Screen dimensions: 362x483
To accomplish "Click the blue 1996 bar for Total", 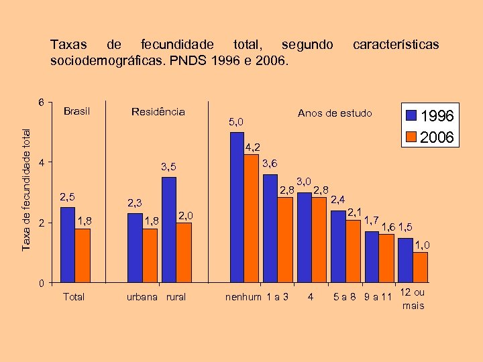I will pos(68,244).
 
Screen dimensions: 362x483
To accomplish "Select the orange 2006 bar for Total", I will pos(83,255).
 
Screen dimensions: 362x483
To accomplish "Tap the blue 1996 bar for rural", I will pos(169,229).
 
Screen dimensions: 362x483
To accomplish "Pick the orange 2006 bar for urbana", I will pos(150,255).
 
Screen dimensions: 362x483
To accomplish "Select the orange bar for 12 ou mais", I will pos(421,266).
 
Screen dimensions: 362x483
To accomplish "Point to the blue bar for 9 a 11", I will pos(372,256).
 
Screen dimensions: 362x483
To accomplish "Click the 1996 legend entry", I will pos(430,117).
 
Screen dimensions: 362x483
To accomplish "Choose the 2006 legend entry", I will pos(430,137).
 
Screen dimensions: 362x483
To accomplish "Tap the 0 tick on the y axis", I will pos(42,282).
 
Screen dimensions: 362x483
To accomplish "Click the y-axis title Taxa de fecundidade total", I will pos(25,182).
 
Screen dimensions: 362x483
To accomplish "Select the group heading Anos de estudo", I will pos(334,113).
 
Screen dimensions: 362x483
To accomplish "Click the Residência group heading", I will pos(158,111).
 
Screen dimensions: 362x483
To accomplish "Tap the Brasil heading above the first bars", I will pos(76,111).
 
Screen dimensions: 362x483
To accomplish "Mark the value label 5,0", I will pos(235,122).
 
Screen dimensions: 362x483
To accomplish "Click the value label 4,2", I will pos(252,146).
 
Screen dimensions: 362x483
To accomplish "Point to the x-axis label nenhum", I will pos(243,297).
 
